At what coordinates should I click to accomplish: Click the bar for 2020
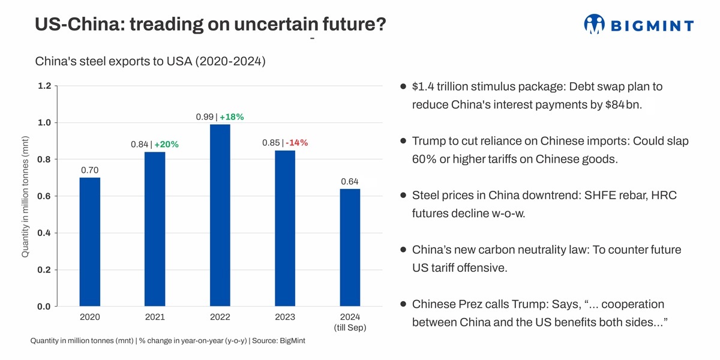pos(90,242)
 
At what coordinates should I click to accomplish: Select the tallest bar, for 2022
pos(220,215)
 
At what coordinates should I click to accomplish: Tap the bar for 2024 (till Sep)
pos(350,247)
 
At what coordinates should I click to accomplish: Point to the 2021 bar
pos(155,229)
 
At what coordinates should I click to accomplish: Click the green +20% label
pos(167,145)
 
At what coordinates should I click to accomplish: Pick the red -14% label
pos(297,143)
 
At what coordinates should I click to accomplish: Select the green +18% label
pos(232,117)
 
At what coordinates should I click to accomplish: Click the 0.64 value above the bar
pos(350,181)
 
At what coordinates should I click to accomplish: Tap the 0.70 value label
pos(90,170)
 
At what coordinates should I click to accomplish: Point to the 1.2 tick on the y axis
pos(44,86)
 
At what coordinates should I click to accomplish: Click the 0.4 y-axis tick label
pos(44,233)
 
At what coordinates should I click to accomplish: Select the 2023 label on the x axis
pos(285,317)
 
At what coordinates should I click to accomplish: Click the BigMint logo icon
pos(594,24)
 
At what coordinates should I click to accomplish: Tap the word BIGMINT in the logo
pos(652,26)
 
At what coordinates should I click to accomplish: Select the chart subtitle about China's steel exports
pos(150,61)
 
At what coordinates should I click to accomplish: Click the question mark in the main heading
pos(380,24)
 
